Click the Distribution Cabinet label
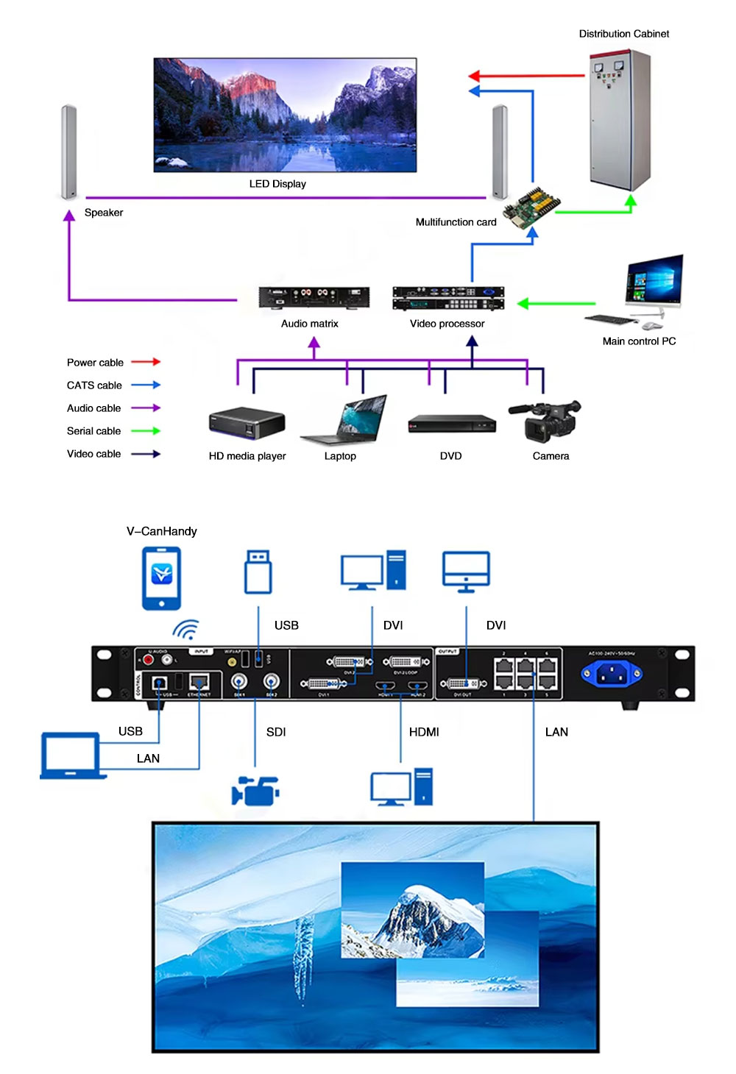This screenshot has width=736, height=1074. pyautogui.click(x=623, y=34)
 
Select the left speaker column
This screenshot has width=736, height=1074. pyautogui.click(x=68, y=152)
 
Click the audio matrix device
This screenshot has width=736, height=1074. pyautogui.click(x=314, y=297)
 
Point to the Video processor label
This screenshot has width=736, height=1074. pyautogui.click(x=447, y=324)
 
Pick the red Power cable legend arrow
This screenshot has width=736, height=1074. pyautogui.click(x=146, y=362)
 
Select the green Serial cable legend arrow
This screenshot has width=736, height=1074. pyautogui.click(x=146, y=431)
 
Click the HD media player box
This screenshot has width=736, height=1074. pyautogui.click(x=247, y=423)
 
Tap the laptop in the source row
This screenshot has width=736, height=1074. pyautogui.click(x=344, y=421)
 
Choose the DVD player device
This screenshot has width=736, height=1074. pyautogui.click(x=452, y=424)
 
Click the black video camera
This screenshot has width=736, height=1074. pyautogui.click(x=545, y=420)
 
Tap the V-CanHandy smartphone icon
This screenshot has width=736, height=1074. pyautogui.click(x=161, y=578)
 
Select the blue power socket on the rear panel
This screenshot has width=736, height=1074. pyautogui.click(x=611, y=672)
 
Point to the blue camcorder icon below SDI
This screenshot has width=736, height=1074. pyautogui.click(x=255, y=791)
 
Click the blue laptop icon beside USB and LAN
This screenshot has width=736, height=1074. pyautogui.click(x=70, y=755)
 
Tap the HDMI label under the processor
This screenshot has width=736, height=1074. pyautogui.click(x=424, y=732)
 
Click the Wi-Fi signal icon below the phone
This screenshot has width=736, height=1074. pyautogui.click(x=185, y=630)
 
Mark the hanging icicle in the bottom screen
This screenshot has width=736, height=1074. pyautogui.click(x=302, y=956)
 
